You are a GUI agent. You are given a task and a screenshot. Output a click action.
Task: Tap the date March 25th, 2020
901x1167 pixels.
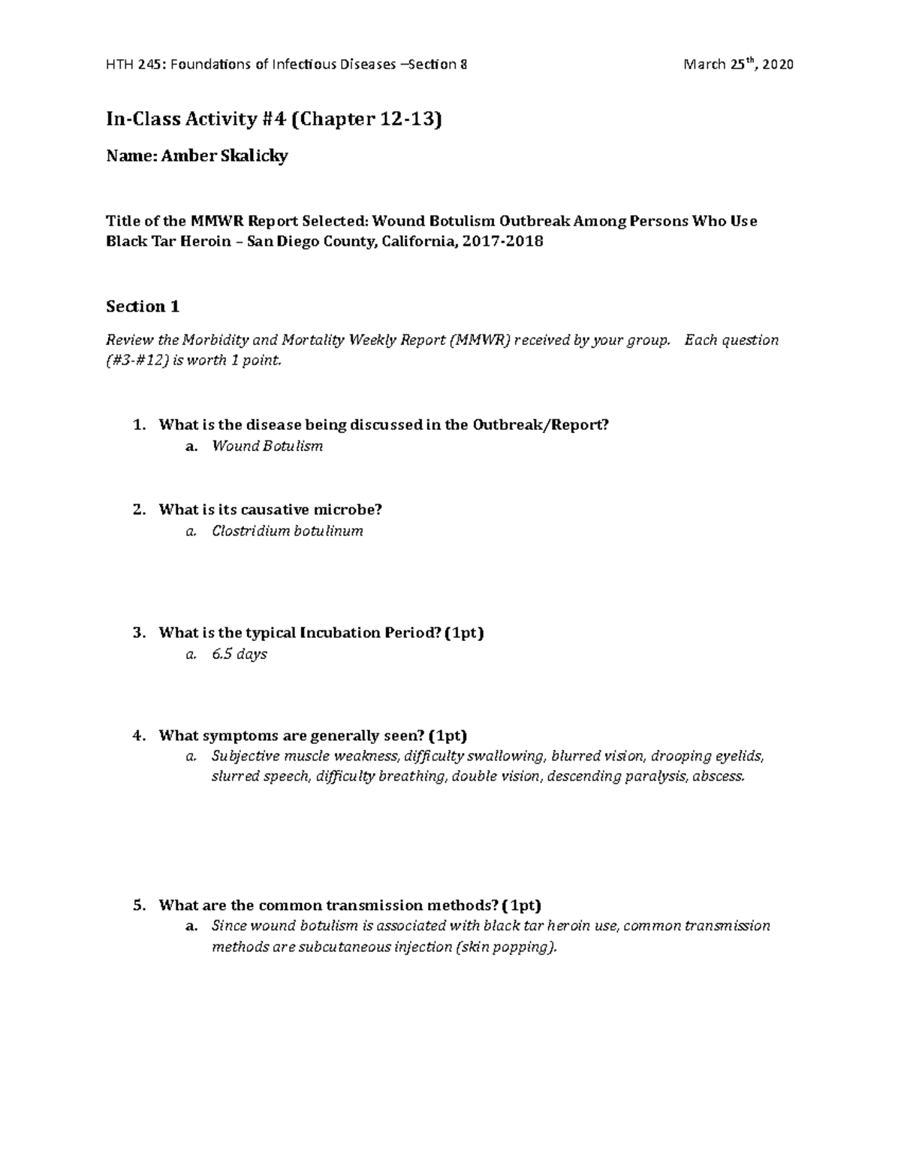[x=737, y=65]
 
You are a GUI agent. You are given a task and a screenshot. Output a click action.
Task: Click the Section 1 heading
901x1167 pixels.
[x=143, y=307]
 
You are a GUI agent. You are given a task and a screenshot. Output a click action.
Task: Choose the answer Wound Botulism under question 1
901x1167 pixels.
[x=267, y=446]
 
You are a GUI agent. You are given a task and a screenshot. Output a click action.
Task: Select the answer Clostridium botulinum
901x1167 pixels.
[x=288, y=531]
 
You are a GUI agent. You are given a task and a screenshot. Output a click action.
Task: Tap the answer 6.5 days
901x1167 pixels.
[x=240, y=655]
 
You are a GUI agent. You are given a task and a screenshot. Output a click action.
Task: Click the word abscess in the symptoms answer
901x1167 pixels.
[x=719, y=776]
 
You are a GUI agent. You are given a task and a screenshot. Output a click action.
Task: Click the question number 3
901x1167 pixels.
[x=138, y=633]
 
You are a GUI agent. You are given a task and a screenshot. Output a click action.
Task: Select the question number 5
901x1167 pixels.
[x=138, y=905]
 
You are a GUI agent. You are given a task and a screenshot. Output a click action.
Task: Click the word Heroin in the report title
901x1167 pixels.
[x=200, y=242]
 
